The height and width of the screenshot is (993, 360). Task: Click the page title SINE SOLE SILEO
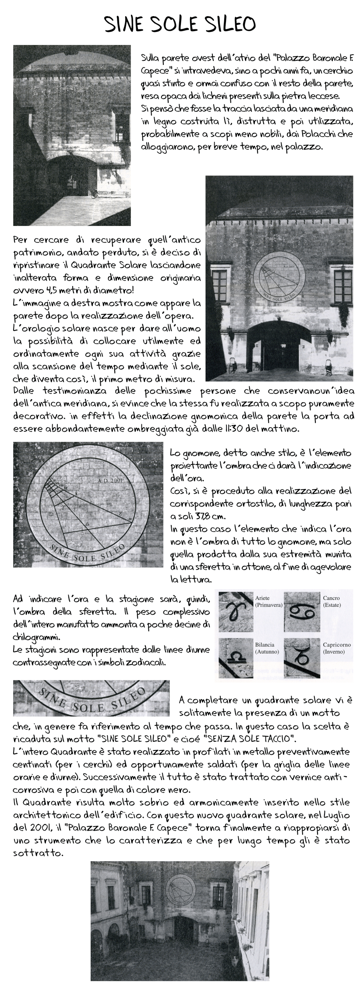coord(180,24)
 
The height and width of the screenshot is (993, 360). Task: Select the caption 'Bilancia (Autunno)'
coord(267,648)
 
